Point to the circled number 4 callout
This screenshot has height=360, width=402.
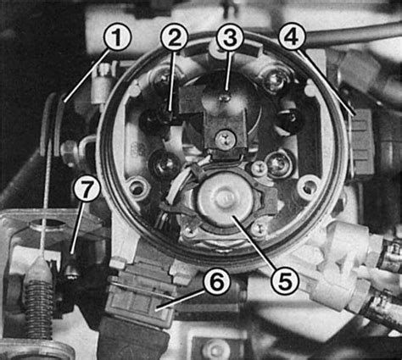pos(293,36)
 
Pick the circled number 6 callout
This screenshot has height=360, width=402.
pos(217,281)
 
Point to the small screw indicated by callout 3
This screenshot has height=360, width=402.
pos(226,97)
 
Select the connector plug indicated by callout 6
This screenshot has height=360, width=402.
pos(138,294)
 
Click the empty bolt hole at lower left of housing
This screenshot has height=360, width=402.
pos(138,187)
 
